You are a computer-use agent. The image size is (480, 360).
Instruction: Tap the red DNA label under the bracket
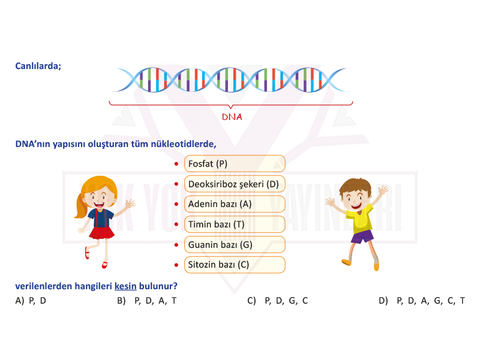(232, 117)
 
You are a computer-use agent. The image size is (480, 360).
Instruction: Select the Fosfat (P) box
(235, 164)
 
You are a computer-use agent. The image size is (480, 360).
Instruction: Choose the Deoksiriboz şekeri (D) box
(235, 184)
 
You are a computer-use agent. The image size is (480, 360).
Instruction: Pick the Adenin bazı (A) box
(235, 204)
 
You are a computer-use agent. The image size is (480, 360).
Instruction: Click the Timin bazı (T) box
(235, 224)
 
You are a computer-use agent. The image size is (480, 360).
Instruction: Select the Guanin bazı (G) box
(235, 245)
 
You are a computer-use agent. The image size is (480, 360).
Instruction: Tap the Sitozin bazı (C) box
(235, 265)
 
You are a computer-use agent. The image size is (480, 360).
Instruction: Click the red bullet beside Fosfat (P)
(176, 164)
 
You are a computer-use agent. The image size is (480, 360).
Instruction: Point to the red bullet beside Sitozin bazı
(176, 265)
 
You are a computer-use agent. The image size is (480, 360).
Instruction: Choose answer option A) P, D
(31, 301)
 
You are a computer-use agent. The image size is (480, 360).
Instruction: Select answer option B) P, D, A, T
(146, 301)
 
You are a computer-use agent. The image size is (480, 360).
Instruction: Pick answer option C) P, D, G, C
(278, 301)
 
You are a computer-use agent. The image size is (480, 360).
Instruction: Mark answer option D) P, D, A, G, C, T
(422, 301)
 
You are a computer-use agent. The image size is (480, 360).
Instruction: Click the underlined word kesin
(125, 286)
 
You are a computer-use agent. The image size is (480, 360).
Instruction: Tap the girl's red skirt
(101, 233)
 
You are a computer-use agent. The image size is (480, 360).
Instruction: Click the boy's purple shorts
(362, 236)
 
